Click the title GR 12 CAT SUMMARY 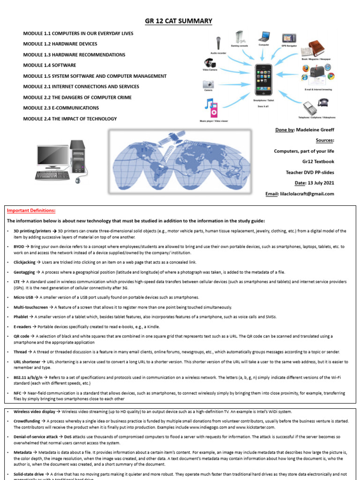[180, 21]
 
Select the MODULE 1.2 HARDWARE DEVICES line [60, 44]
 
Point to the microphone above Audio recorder [218, 43]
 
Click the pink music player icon [213, 109]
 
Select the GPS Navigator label [290, 46]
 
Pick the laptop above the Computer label [264, 36]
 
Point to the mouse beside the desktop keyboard [77, 180]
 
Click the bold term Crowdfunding [27, 421]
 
